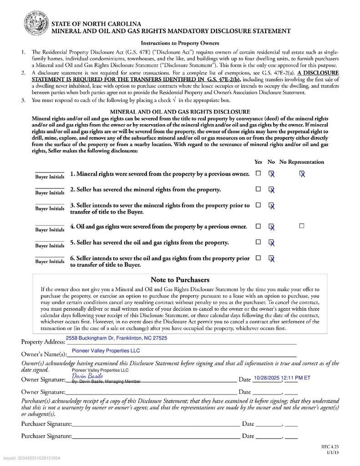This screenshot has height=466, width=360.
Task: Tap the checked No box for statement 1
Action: (x=271, y=173)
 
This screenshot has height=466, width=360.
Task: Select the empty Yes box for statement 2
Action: (x=258, y=189)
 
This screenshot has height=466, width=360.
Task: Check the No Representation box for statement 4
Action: (x=301, y=226)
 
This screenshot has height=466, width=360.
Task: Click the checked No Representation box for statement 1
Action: (x=301, y=173)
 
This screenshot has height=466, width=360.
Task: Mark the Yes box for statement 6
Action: (x=258, y=258)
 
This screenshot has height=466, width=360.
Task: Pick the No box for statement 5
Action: (x=271, y=242)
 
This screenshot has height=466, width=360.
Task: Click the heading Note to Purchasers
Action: (x=180, y=279)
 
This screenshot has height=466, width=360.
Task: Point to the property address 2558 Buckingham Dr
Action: (x=117, y=338)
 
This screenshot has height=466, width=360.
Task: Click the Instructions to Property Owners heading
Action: (x=180, y=43)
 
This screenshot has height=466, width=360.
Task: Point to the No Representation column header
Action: (x=301, y=162)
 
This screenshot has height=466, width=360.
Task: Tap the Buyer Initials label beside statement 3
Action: (x=50, y=208)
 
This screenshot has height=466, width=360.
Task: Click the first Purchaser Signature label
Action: (x=46, y=424)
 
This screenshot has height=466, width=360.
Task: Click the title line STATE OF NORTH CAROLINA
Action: (x=96, y=24)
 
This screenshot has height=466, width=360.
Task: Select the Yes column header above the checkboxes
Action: (x=258, y=162)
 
